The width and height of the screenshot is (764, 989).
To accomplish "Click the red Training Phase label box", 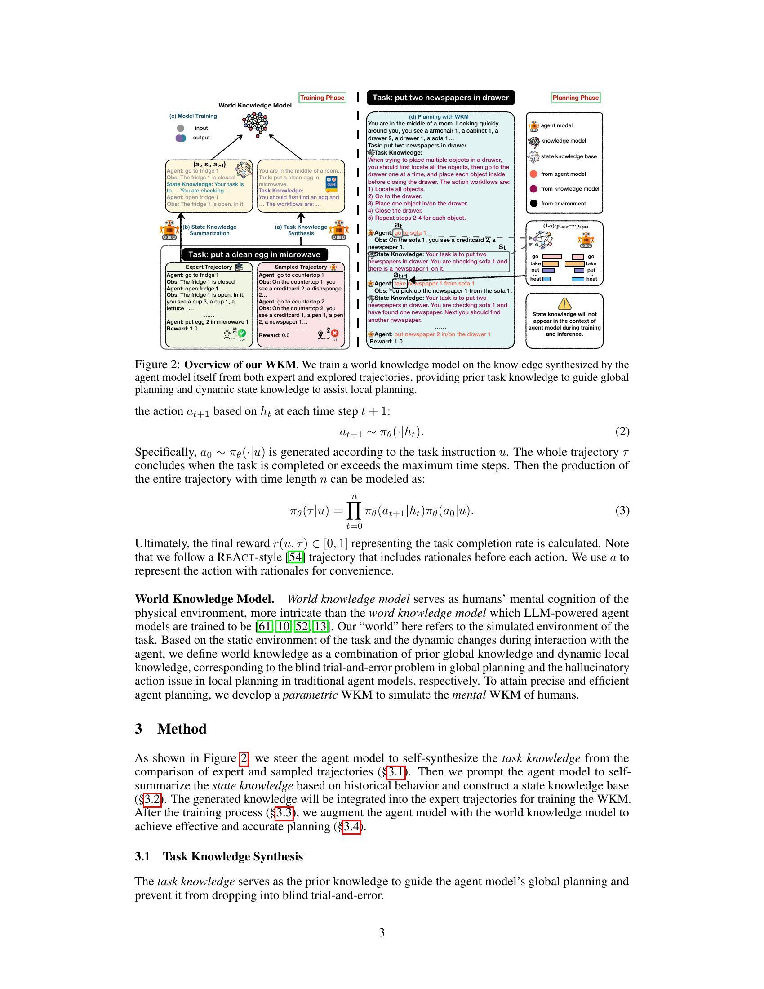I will tap(322, 98).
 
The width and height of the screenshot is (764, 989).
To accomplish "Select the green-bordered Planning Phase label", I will tap(575, 98).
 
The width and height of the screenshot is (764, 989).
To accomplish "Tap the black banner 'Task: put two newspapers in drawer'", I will tap(440, 98).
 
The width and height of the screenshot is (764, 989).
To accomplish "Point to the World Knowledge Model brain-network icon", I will tap(256, 123).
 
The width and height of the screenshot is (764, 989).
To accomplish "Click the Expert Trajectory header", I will tap(209, 267).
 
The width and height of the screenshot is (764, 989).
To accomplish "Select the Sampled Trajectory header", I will tap(301, 267).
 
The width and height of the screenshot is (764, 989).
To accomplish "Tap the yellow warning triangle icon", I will tap(564, 303).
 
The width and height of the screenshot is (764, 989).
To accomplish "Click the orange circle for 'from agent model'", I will tap(533, 174).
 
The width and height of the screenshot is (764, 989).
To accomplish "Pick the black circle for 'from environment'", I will tap(533, 203).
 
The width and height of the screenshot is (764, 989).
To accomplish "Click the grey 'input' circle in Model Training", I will tap(181, 128).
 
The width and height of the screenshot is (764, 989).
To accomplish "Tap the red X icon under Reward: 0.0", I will tap(335, 334).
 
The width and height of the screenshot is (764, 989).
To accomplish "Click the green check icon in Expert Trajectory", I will tap(242, 333).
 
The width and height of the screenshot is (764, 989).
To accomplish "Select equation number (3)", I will tap(622, 511).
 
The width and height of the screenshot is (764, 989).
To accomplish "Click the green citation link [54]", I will tap(296, 557).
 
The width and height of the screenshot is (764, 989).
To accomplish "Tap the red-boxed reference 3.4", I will tap(352, 826).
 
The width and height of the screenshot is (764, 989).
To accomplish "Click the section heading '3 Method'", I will tap(171, 729).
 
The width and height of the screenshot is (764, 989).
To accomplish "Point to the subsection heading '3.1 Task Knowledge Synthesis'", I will tap(218, 856).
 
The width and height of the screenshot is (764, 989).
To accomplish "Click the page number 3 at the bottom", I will tap(382, 932).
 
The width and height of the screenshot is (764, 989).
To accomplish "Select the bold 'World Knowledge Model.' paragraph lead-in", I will tap(204, 599).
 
